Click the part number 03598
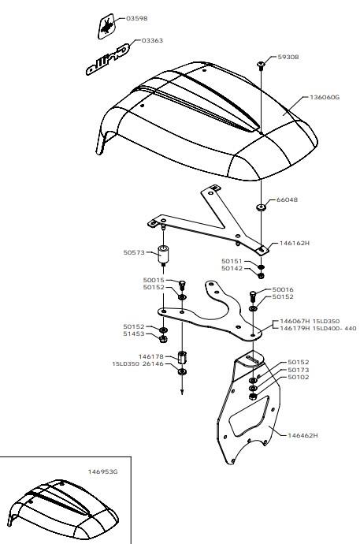pyautogui.click(x=136, y=18)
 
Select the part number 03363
pyautogui.click(x=152, y=40)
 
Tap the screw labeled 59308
pyautogui.click(x=261, y=65)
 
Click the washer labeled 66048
pyautogui.click(x=261, y=207)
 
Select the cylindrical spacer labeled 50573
pyautogui.click(x=163, y=255)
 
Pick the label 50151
pyautogui.click(x=232, y=261)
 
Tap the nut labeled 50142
pyautogui.click(x=261, y=276)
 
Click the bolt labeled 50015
pyautogui.click(x=182, y=285)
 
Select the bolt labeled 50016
pyautogui.click(x=253, y=296)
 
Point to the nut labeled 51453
pyautogui.click(x=164, y=339)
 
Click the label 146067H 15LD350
pyautogui.click(x=310, y=321)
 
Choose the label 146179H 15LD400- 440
pyautogui.click(x=317, y=329)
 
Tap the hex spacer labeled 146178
pyautogui.click(x=182, y=357)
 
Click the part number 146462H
pyautogui.click(x=302, y=435)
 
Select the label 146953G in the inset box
pyautogui.click(x=103, y=471)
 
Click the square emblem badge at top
pyautogui.click(x=106, y=26)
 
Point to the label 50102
pyautogui.click(x=299, y=378)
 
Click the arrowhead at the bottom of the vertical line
pyautogui.click(x=182, y=393)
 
